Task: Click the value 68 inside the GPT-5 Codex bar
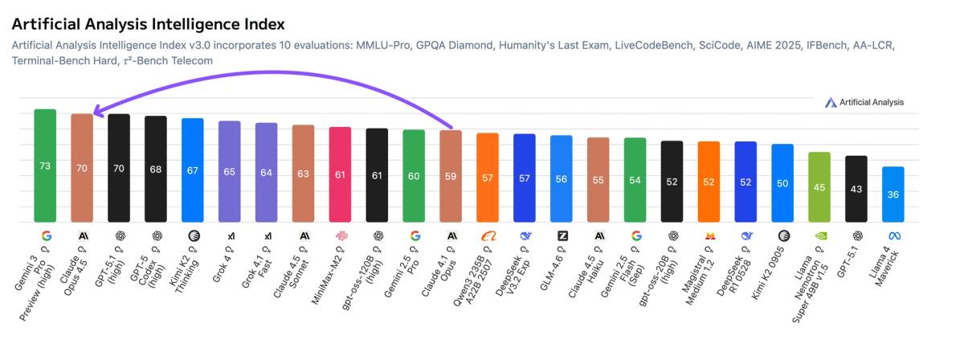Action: [x=156, y=170]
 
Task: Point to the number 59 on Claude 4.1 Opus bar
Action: [x=451, y=176]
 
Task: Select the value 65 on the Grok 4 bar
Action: [x=230, y=172]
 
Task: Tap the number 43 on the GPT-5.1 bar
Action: [x=856, y=189]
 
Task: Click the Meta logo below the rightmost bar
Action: [x=893, y=236]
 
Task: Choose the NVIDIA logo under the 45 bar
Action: [x=819, y=236]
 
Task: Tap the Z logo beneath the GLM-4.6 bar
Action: [x=562, y=236]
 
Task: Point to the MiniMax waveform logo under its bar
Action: [x=341, y=236]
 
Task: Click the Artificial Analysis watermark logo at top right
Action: [x=831, y=103]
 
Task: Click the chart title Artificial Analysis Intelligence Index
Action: [x=148, y=25]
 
